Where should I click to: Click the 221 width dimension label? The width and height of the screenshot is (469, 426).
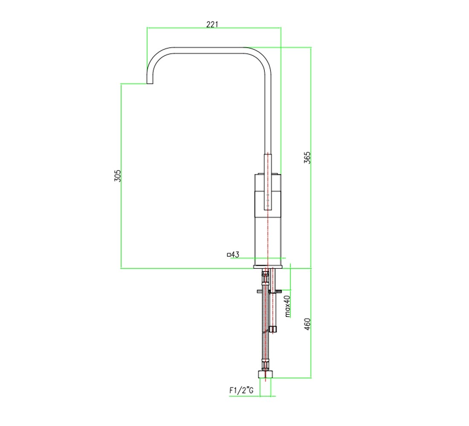click(212, 24)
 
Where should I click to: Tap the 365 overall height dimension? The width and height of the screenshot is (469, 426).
click(307, 158)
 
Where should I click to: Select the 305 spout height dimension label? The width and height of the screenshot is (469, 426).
click(117, 176)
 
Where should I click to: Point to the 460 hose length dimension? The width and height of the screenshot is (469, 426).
click(307, 324)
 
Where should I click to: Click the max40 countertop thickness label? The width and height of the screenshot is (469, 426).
click(287, 306)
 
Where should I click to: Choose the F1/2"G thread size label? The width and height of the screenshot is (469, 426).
click(241, 390)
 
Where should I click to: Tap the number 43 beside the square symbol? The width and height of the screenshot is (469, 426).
click(235, 255)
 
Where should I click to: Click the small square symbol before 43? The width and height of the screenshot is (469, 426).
click(229, 255)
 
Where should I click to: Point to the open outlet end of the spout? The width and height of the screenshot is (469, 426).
click(150, 83)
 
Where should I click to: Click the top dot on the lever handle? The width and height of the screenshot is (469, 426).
click(268, 195)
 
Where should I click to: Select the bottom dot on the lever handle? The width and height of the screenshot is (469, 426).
click(268, 205)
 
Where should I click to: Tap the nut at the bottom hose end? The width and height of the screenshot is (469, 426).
click(266, 375)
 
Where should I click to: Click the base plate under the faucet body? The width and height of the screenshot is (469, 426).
click(268, 267)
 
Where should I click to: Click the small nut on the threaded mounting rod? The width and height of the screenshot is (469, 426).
click(273, 329)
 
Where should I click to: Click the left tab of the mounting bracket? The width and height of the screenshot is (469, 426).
click(259, 291)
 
